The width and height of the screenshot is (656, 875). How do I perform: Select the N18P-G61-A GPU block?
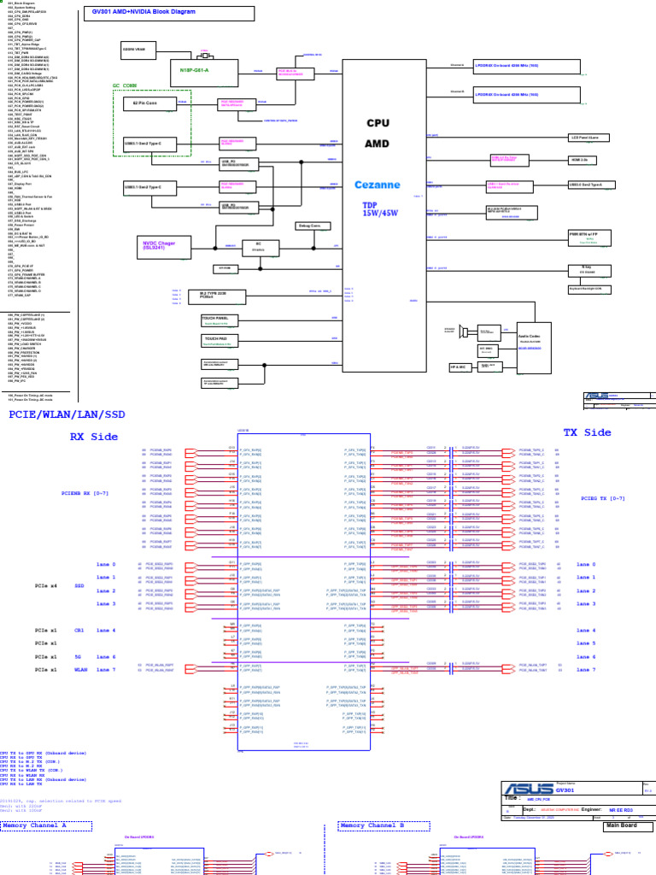[194, 70]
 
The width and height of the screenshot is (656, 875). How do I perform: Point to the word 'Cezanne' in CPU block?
[376, 184]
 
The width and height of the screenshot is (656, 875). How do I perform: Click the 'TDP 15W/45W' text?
[376, 209]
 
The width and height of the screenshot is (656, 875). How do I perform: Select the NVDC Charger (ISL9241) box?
[160, 246]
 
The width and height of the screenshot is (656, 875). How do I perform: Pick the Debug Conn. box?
[309, 226]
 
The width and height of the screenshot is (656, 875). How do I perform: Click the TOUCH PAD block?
[215, 340]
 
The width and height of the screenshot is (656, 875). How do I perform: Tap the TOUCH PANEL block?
[215, 320]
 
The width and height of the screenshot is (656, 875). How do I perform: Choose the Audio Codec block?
[530, 340]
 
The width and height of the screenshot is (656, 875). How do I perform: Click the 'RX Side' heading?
[94, 437]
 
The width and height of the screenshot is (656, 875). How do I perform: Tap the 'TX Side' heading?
[587, 432]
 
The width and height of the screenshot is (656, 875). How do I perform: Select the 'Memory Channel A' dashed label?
[34, 826]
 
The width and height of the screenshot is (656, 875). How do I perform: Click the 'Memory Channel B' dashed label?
[372, 826]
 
